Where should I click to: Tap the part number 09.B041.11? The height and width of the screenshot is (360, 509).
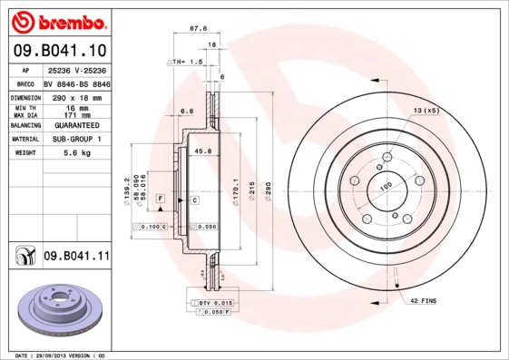pyautogui.click(x=76, y=258)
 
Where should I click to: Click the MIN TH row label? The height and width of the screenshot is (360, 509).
pyautogui.click(x=23, y=107)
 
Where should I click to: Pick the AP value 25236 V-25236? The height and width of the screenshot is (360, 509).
pyautogui.click(x=75, y=70)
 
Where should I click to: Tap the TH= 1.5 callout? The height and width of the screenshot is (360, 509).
pyautogui.click(x=187, y=61)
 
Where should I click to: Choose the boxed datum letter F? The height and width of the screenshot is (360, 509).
pyautogui.click(x=160, y=198)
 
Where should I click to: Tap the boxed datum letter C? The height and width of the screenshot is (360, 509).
pyautogui.click(x=194, y=198)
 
